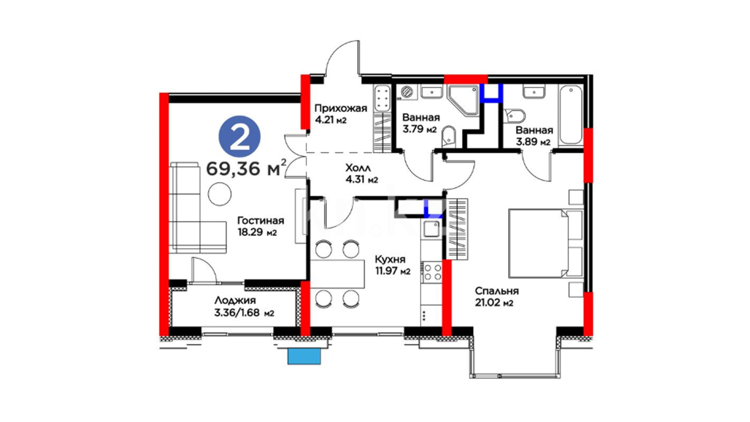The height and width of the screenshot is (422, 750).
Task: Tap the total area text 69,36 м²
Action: pyautogui.click(x=246, y=168)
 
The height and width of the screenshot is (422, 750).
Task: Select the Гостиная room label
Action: pyautogui.click(x=261, y=220)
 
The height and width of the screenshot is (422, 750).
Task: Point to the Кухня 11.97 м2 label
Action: pyautogui.click(x=392, y=265)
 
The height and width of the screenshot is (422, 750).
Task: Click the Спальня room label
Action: pyautogui.click(x=497, y=291)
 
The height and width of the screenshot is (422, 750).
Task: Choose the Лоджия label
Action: pyautogui.click(x=235, y=300)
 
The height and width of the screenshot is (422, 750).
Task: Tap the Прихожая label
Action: pyautogui.click(x=341, y=108)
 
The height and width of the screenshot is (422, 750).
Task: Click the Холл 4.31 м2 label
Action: pyautogui.click(x=362, y=174)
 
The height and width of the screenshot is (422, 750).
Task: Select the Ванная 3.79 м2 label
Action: pyautogui.click(x=421, y=123)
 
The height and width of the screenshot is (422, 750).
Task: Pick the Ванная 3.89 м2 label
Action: pyautogui.click(x=534, y=136)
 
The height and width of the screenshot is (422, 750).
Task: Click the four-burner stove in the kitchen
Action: pyautogui.click(x=432, y=272)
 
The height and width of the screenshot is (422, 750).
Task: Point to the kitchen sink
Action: pyautogui.click(x=432, y=229)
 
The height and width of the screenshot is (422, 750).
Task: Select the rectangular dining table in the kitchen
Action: pyautogui.click(x=337, y=274)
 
